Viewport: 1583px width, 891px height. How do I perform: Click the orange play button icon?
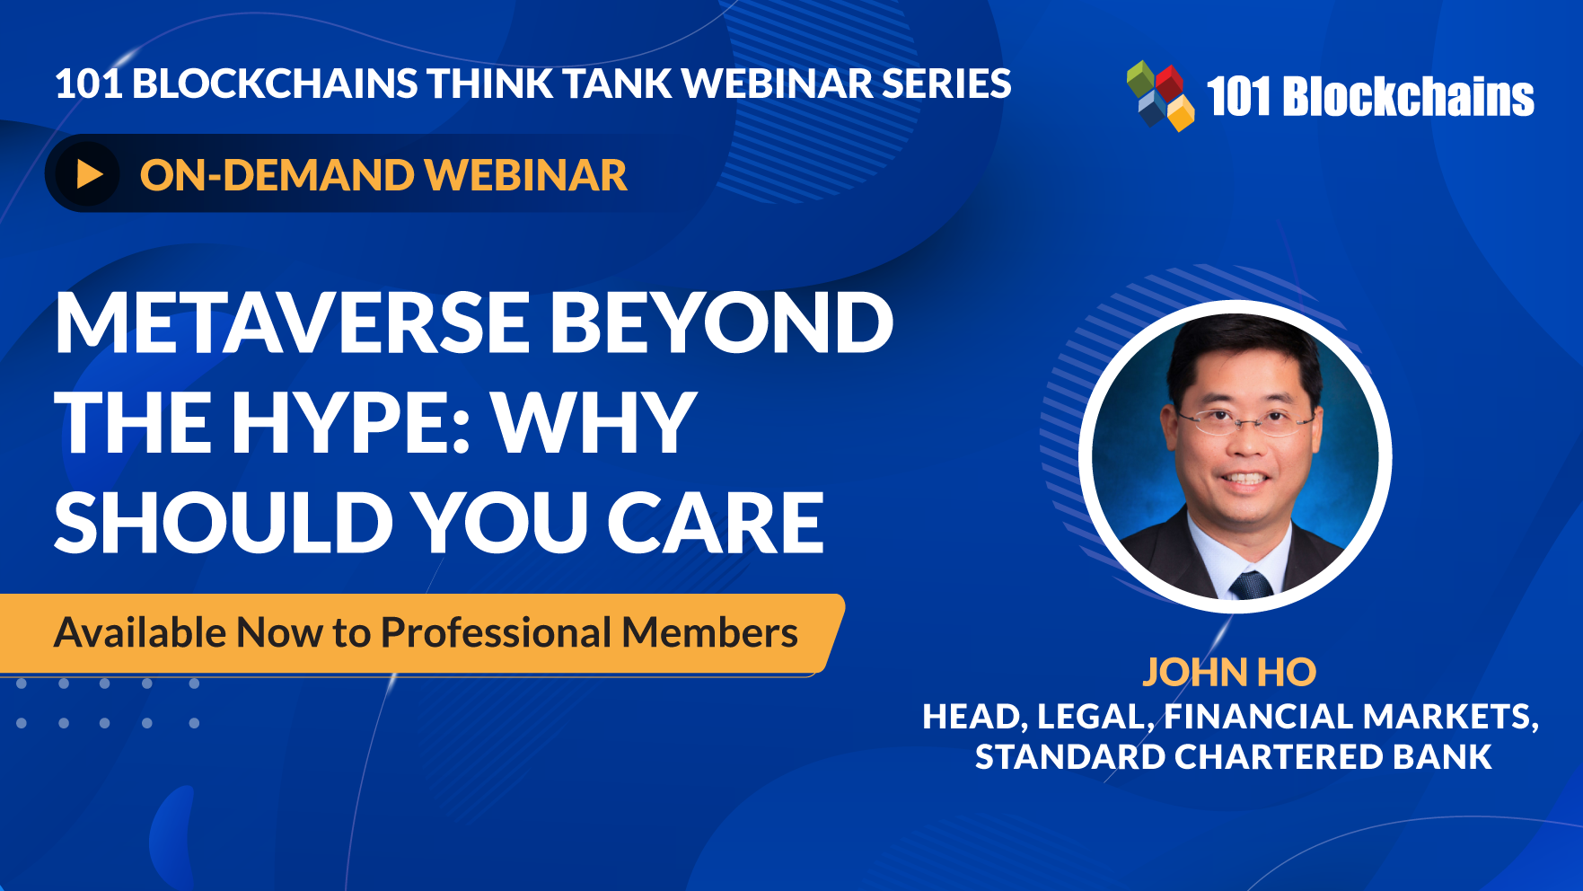(88, 174)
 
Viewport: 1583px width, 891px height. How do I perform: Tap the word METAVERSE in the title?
(293, 322)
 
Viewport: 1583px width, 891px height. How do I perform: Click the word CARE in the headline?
(716, 523)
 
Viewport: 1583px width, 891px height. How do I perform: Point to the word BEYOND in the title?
(722, 322)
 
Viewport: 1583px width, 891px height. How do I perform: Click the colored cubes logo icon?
(1160, 95)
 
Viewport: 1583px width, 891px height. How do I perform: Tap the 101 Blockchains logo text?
(1370, 96)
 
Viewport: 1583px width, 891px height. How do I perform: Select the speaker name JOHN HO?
(1229, 672)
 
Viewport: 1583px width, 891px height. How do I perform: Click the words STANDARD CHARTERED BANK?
(1234, 757)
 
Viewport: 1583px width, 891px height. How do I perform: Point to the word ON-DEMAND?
(276, 175)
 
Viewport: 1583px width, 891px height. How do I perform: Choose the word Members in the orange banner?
(710, 632)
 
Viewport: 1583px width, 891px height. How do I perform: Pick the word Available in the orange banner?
(140, 632)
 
